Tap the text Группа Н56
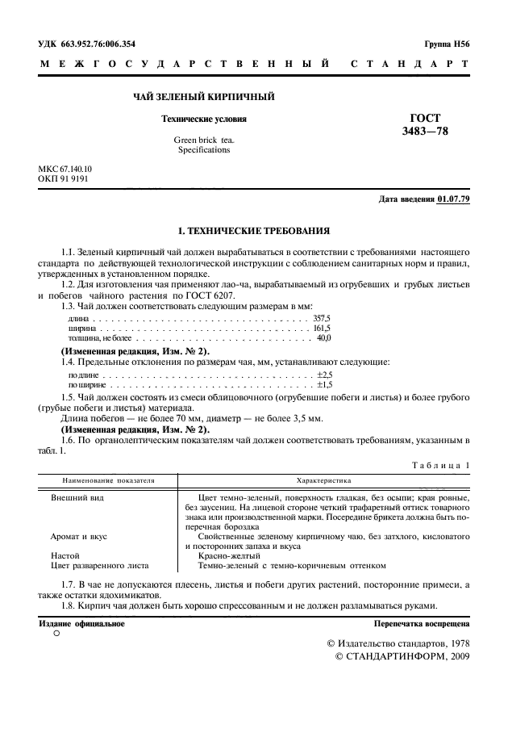(446, 44)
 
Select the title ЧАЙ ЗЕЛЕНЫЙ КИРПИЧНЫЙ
(204, 98)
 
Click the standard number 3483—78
(427, 131)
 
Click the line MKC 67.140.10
(65, 170)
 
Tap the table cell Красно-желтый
(224, 555)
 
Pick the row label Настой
(65, 555)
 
